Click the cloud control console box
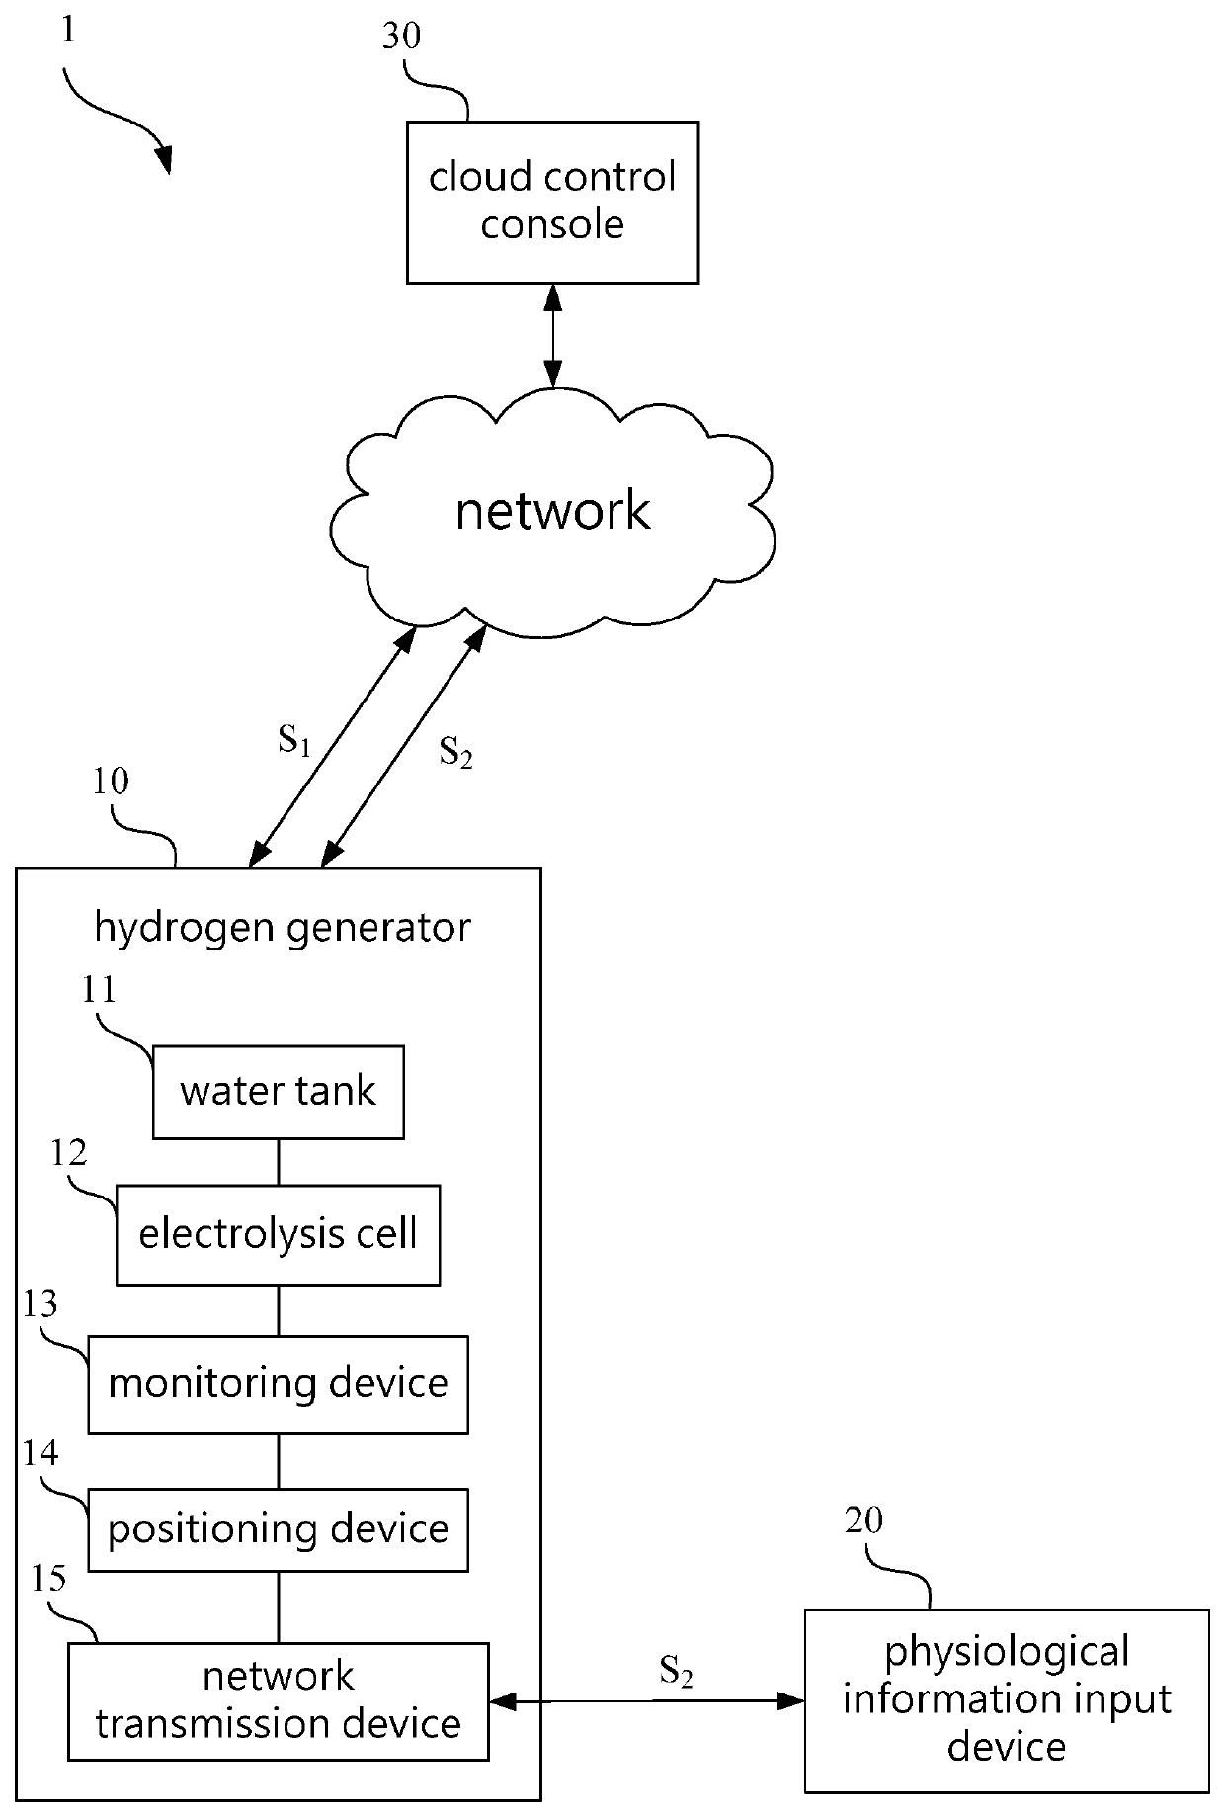[x=552, y=203]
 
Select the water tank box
[x=278, y=1092]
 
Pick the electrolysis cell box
[x=278, y=1234]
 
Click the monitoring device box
[x=278, y=1383]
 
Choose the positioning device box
[x=278, y=1529]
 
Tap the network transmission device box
[x=278, y=1699]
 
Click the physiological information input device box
[x=1007, y=1699]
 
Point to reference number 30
[x=401, y=36]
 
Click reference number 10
[x=111, y=782]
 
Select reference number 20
[x=863, y=1520]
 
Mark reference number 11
[x=99, y=989]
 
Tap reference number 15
[x=48, y=1578]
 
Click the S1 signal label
[x=294, y=740]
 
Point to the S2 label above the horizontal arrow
[x=676, y=1673]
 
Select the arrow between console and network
[x=552, y=336]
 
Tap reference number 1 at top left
[x=67, y=29]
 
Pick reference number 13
[x=41, y=1305]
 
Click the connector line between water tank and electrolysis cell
[x=278, y=1162]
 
